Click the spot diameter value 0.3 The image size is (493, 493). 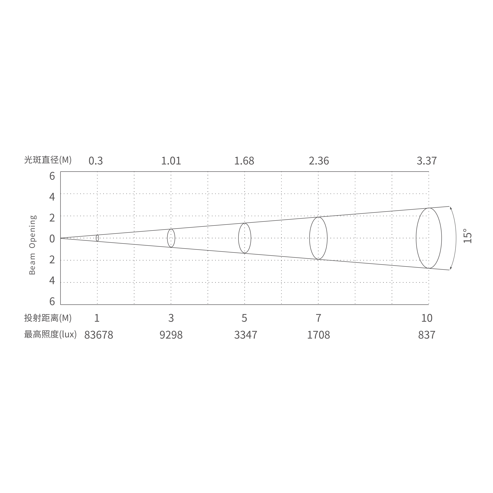pyautogui.click(x=96, y=161)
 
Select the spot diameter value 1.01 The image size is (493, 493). pyautogui.click(x=171, y=161)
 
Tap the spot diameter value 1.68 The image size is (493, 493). pyautogui.click(x=244, y=161)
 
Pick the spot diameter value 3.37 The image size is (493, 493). pyautogui.click(x=427, y=161)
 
